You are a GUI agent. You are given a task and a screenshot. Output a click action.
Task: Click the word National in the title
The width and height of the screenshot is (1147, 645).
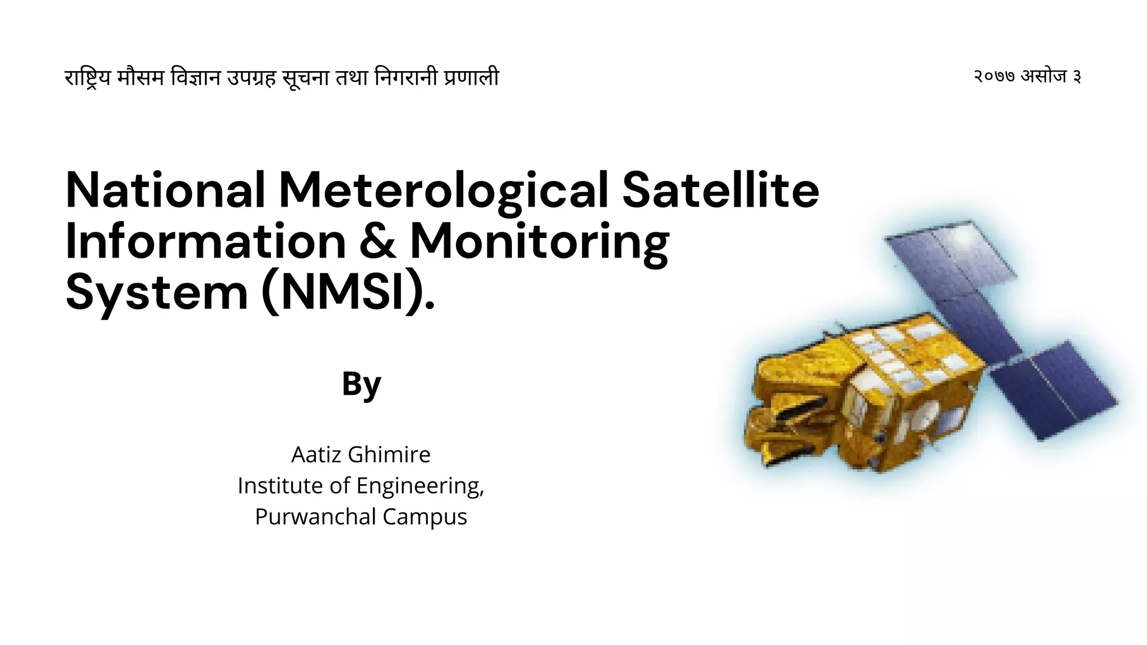165,190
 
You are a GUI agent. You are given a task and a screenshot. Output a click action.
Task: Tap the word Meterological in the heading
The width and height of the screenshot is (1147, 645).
443,190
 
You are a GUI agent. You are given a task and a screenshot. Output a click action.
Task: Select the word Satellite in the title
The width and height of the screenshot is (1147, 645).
720,190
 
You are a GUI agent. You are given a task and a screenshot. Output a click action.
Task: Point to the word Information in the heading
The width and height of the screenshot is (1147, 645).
206,242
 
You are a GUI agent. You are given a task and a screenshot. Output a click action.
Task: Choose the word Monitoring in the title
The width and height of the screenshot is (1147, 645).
539,242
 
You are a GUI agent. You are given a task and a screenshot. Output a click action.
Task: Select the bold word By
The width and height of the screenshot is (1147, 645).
361,384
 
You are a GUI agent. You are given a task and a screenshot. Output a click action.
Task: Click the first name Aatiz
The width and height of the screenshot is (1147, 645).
316,455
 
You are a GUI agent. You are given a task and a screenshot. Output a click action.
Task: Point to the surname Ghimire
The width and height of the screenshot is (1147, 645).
389,455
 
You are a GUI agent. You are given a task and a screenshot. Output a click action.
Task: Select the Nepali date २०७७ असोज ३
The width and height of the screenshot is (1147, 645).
1027,76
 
